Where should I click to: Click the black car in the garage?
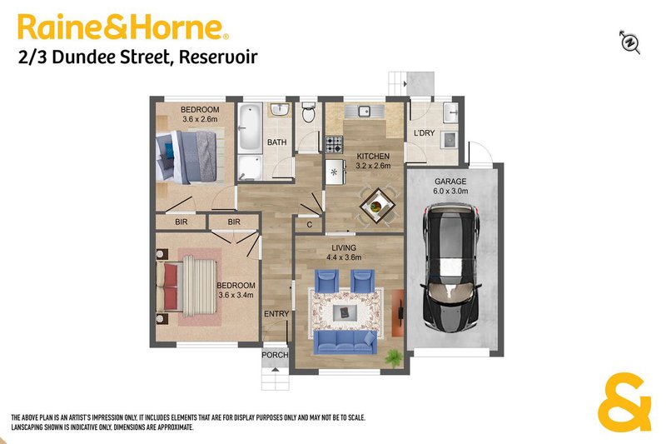point(450,267)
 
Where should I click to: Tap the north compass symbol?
point(630,42)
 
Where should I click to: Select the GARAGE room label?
point(450,182)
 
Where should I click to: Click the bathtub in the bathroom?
point(249,127)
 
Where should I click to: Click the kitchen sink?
point(365,112)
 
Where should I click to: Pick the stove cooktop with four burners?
point(334,144)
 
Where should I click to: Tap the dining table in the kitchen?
point(377,207)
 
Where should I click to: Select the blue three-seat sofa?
point(345,342)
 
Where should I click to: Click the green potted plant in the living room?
point(394,357)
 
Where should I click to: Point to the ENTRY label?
point(276,314)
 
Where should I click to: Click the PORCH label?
point(275,355)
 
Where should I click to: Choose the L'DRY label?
point(425,133)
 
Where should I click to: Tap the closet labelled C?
point(309,225)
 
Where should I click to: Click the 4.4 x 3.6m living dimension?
point(344,257)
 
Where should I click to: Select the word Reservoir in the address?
point(218,57)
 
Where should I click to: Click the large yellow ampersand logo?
point(624,402)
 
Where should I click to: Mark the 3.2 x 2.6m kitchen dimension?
point(373,166)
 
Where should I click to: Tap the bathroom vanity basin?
point(281,109)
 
